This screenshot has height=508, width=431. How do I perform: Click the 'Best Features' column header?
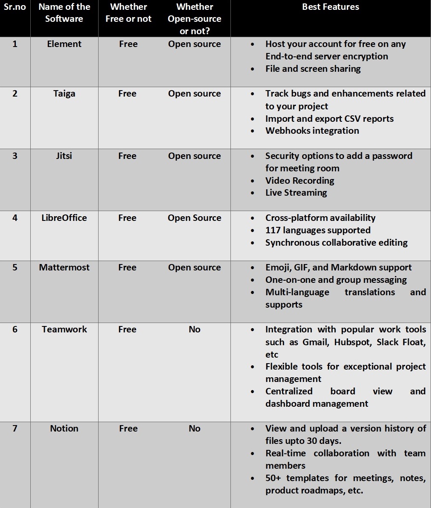click(x=330, y=7)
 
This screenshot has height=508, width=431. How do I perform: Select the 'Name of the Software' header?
click(x=64, y=13)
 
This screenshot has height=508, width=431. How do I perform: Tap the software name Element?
click(x=64, y=44)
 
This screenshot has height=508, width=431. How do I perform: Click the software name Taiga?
click(x=64, y=94)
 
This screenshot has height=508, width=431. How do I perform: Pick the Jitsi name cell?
click(x=64, y=156)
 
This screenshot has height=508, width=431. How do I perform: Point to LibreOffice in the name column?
click(x=64, y=218)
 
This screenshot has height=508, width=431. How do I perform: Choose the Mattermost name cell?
click(x=64, y=267)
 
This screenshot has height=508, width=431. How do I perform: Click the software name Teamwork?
click(x=64, y=329)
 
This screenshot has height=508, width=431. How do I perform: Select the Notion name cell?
click(x=64, y=429)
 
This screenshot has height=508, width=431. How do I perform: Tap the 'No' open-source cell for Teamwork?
click(x=194, y=329)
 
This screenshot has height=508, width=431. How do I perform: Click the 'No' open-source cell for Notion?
click(x=194, y=429)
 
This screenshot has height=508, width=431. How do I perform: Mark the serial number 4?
click(x=15, y=218)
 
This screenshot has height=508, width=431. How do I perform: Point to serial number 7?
click(x=15, y=429)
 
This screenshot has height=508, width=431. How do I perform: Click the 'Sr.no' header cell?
click(x=15, y=7)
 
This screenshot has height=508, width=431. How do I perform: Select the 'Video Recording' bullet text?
click(x=300, y=181)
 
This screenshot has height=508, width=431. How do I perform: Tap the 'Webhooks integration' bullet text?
click(x=312, y=131)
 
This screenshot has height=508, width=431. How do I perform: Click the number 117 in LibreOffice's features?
click(x=273, y=230)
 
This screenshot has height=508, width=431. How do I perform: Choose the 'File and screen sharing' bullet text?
click(x=313, y=69)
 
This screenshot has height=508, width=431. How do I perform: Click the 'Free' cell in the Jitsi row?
click(x=127, y=156)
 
